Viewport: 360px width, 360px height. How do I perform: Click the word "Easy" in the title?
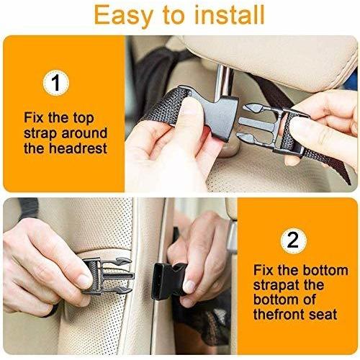tap(123, 16)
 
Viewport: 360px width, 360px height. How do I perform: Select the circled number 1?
tap(56, 83)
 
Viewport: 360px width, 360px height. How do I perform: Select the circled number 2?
tap(293, 240)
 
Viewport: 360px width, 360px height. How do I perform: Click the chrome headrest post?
tap(223, 81)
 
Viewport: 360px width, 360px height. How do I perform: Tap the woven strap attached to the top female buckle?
tap(166, 106)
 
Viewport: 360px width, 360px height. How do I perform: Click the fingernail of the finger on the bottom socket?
tap(189, 287)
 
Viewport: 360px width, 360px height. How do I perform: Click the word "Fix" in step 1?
tap(34, 118)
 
